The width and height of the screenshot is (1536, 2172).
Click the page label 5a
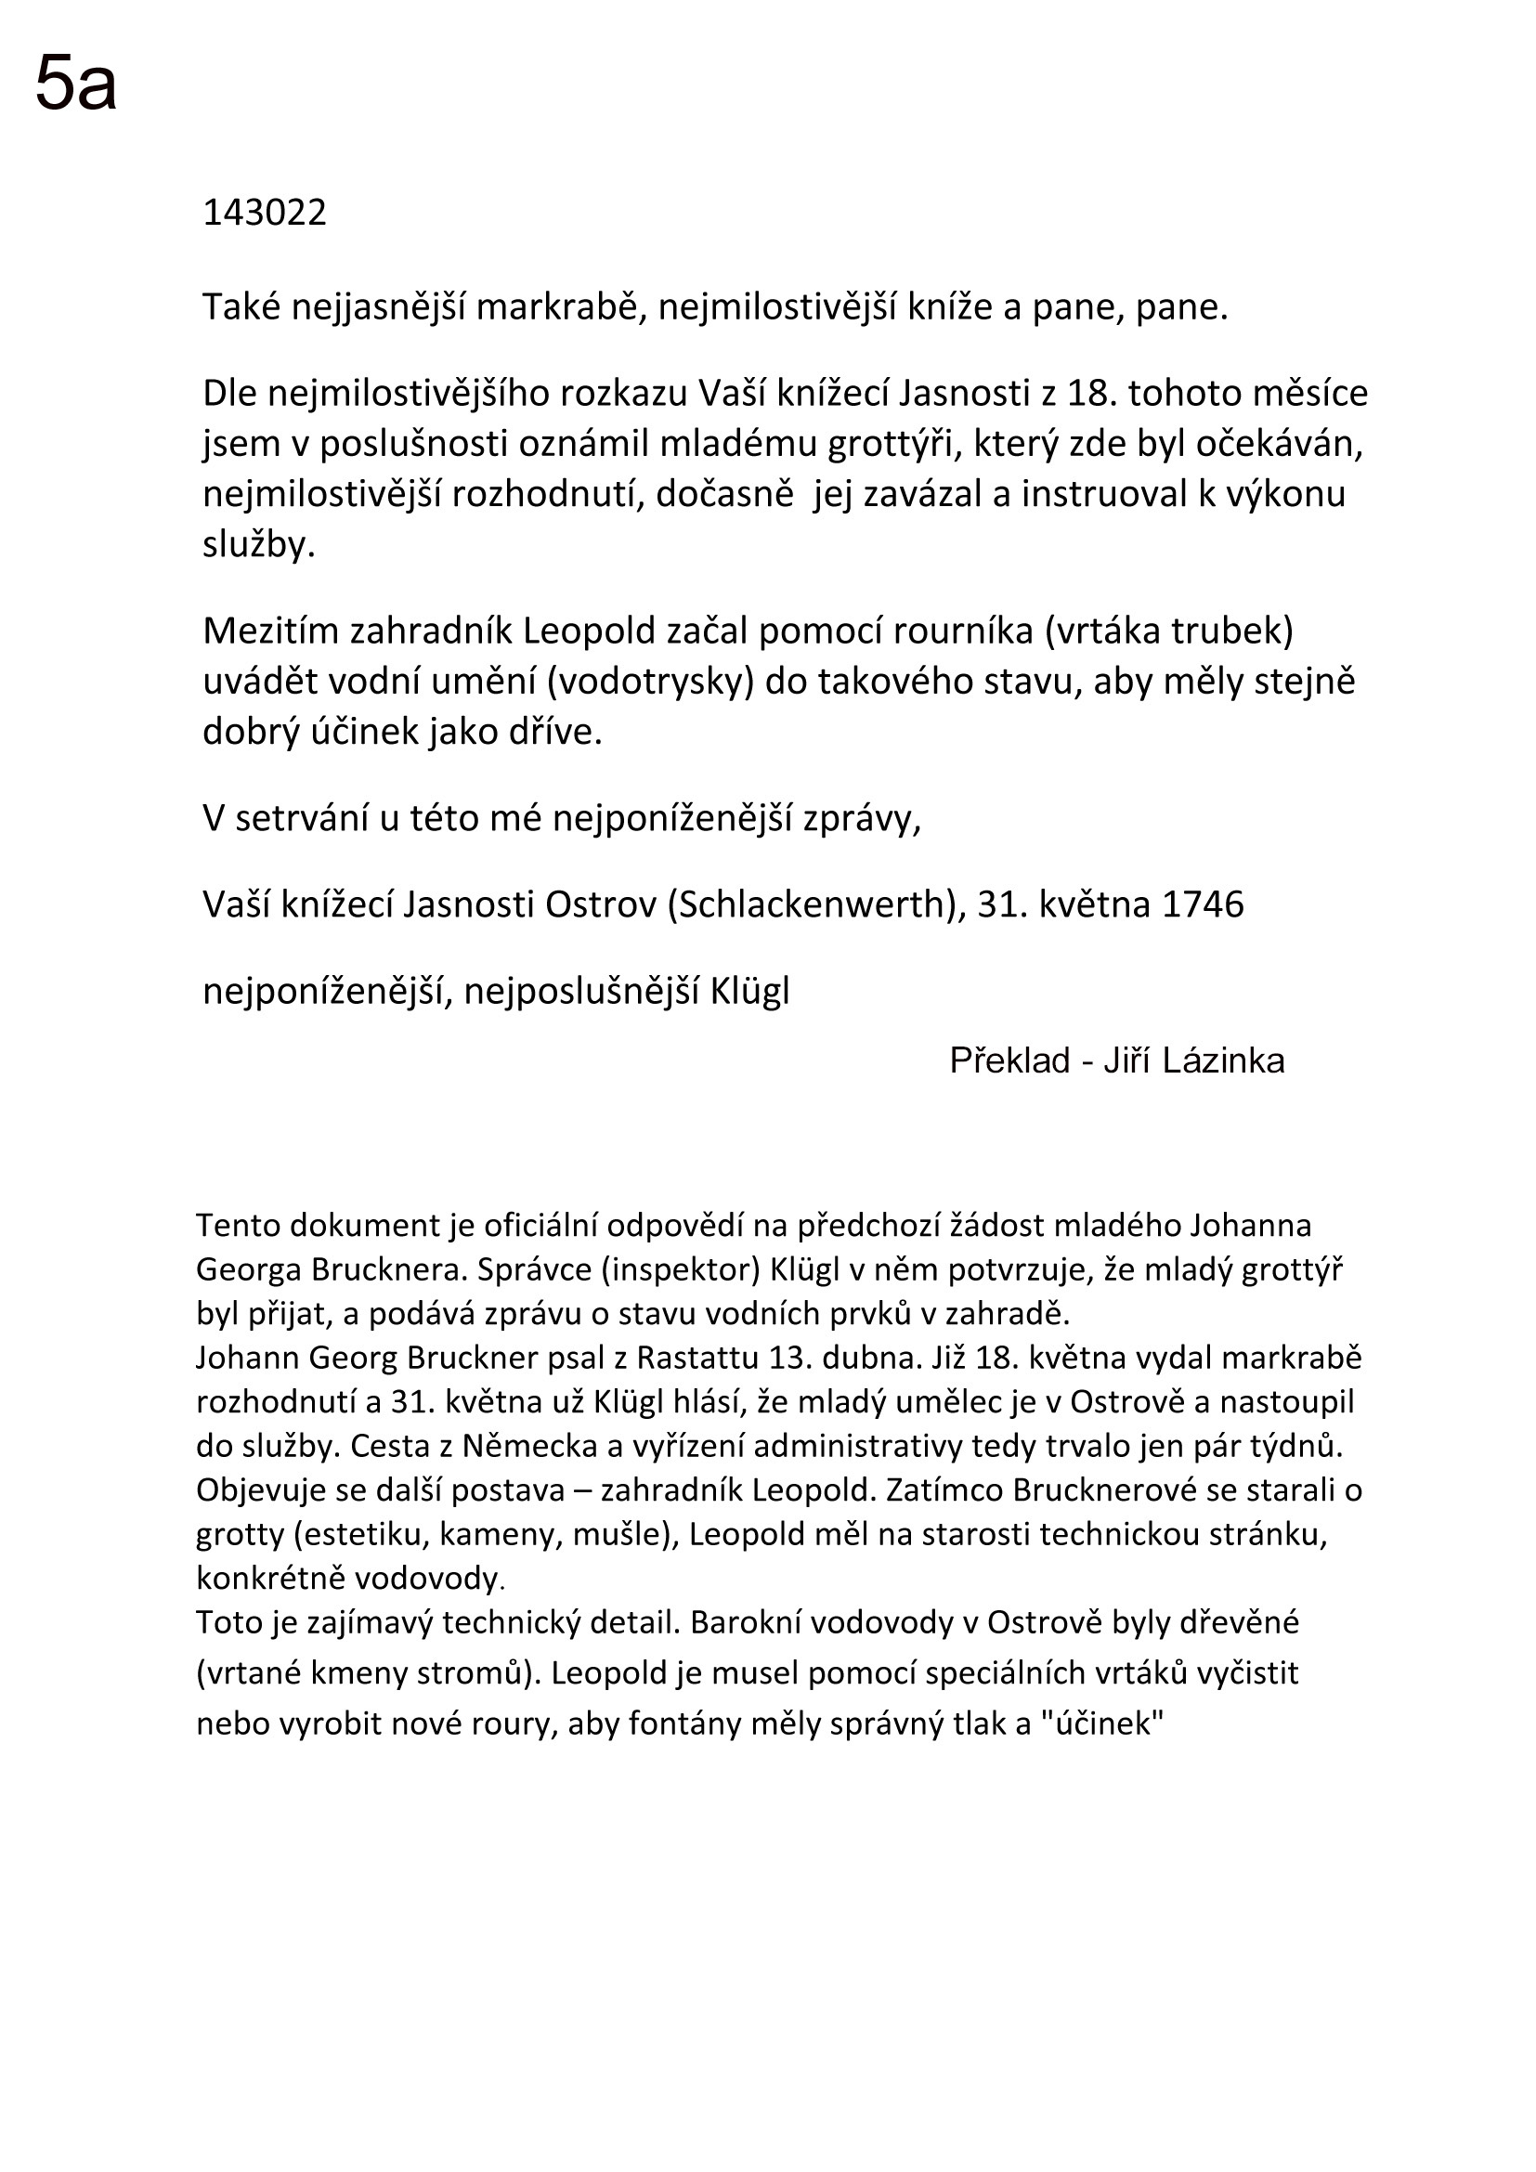75,84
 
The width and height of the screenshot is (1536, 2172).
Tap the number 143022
265,214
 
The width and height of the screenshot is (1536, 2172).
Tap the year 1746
1202,905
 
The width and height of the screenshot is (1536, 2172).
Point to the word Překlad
1009,1061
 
